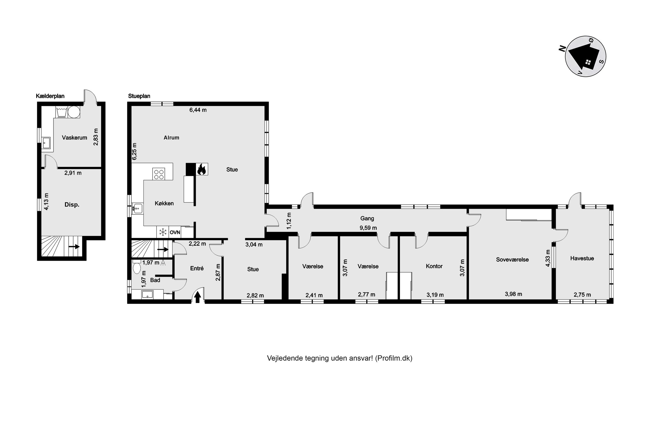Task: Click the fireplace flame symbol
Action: (x=201, y=169)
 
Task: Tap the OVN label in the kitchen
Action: (x=175, y=232)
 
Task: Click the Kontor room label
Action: (x=434, y=266)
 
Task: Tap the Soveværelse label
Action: (x=512, y=260)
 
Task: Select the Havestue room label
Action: (x=582, y=258)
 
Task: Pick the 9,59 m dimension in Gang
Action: (x=368, y=228)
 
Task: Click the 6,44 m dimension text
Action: (x=198, y=110)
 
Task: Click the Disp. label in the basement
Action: (x=72, y=205)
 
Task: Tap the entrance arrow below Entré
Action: (x=197, y=297)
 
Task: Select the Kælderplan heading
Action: (x=50, y=96)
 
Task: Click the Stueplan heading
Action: (x=139, y=96)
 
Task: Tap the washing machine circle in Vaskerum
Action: (x=74, y=112)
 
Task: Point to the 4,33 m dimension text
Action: (x=548, y=258)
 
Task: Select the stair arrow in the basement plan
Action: (x=74, y=247)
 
